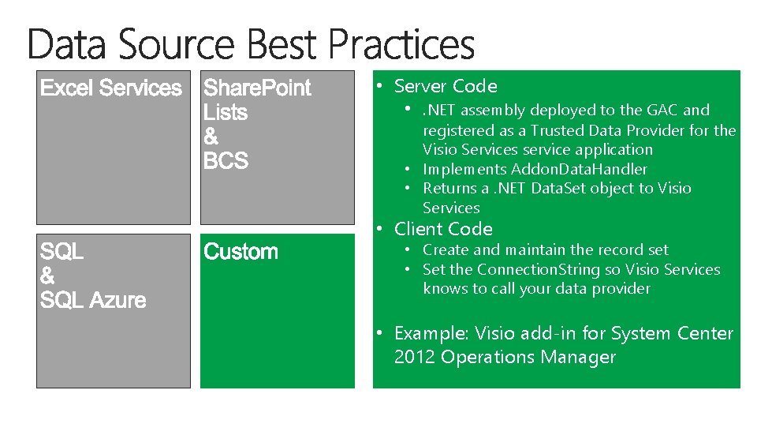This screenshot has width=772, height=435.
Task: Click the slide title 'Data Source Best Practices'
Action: [x=251, y=45]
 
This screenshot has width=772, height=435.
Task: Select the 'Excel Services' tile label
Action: [x=110, y=88]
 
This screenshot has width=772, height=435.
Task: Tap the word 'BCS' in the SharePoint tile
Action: [x=226, y=161]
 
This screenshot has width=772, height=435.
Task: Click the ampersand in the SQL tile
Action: [x=47, y=276]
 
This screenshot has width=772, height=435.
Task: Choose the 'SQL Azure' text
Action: [x=93, y=301]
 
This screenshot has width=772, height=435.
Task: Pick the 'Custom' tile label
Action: [x=241, y=252]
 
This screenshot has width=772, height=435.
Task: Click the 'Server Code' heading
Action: [x=446, y=86]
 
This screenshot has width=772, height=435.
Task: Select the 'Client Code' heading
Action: [x=443, y=229]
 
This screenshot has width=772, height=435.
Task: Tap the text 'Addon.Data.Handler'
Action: [x=579, y=169]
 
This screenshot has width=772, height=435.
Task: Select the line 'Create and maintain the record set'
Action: [x=545, y=249]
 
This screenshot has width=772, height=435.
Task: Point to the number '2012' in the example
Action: [x=415, y=357]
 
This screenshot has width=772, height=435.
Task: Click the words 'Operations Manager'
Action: [x=528, y=357]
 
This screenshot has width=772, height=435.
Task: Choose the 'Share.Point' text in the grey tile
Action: [x=257, y=88]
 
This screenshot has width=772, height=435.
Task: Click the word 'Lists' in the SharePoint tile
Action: [x=226, y=113]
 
